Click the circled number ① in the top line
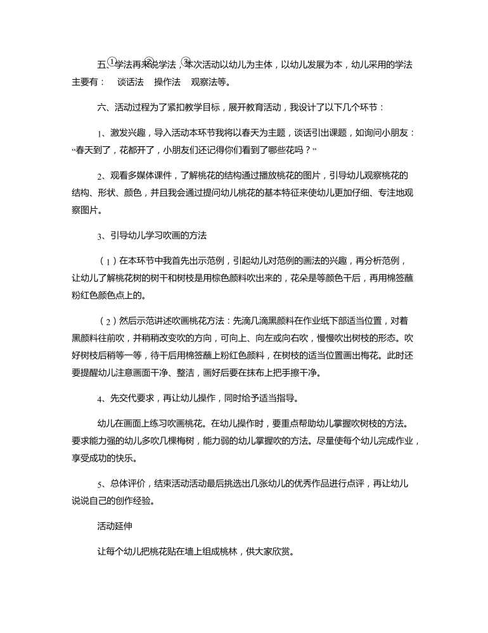click(112, 61)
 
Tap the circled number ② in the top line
click(150, 61)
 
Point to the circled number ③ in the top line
click(186, 61)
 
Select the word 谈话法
click(131, 82)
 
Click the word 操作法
click(167, 82)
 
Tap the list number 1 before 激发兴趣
click(100, 134)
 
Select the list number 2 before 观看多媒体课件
click(100, 177)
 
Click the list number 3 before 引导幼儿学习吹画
click(100, 236)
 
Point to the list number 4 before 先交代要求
click(100, 399)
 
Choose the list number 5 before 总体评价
click(100, 485)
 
